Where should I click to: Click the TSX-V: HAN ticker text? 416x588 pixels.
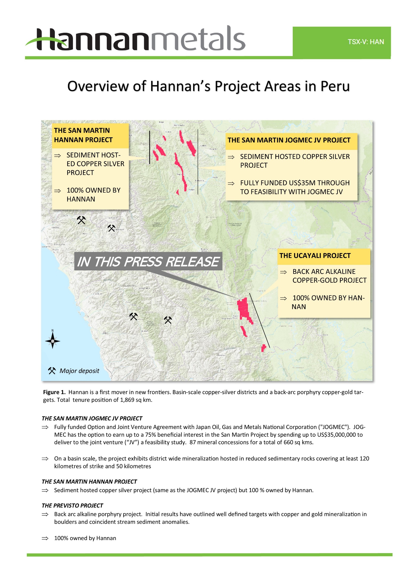pyautogui.click(x=366, y=42)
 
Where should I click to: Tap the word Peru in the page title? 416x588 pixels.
pyautogui.click(x=335, y=86)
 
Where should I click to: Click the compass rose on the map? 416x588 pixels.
pyautogui.click(x=53, y=341)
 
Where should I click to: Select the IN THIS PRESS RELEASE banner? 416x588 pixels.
pyautogui.click(x=148, y=261)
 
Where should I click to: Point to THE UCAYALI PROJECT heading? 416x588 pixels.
pyautogui.click(x=315, y=255)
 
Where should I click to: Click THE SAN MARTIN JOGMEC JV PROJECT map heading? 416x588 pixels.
pyautogui.click(x=289, y=140)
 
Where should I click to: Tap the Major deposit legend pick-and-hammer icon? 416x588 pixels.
pyautogui.click(x=52, y=371)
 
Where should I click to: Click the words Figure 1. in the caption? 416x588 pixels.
pyautogui.click(x=54, y=392)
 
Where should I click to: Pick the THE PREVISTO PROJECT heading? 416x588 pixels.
pyautogui.click(x=72, y=505)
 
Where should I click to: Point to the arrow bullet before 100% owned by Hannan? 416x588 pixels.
pyautogui.click(x=45, y=538)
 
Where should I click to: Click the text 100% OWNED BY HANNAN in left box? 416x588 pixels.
pyautogui.click(x=93, y=194)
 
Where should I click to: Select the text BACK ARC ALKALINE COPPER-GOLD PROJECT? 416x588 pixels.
pyautogui.click(x=329, y=276)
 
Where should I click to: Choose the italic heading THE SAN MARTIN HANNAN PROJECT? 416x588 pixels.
pyautogui.click(x=89, y=481)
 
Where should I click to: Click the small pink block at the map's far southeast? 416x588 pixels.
pyautogui.click(x=264, y=348)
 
